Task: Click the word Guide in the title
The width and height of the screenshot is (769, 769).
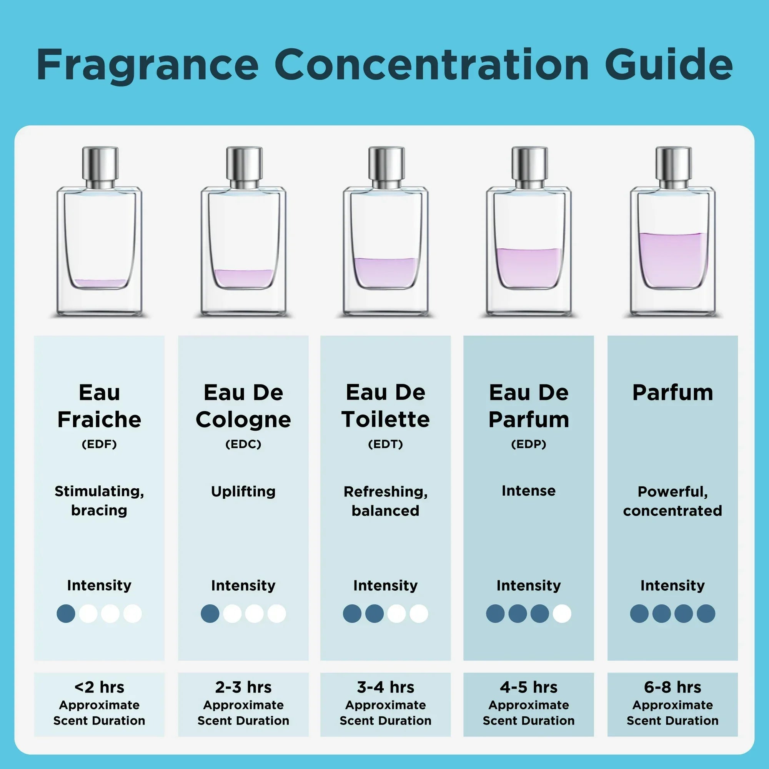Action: click(x=668, y=65)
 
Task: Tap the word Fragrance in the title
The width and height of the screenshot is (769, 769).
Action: click(x=148, y=65)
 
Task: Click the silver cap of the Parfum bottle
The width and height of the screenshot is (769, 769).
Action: click(x=673, y=164)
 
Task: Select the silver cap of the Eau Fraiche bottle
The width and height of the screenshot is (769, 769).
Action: click(x=100, y=164)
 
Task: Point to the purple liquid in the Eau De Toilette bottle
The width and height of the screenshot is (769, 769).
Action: click(x=386, y=272)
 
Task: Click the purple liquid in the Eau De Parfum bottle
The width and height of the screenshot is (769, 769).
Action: click(x=529, y=266)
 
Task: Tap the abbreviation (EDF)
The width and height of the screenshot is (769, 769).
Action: click(x=99, y=444)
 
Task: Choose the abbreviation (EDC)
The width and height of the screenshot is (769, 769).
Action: click(x=243, y=444)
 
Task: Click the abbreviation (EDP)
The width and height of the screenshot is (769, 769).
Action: click(x=529, y=444)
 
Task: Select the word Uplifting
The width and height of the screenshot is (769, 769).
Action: click(x=243, y=491)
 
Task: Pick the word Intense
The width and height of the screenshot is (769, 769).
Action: click(x=529, y=491)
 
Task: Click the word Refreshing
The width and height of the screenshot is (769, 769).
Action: click(x=385, y=491)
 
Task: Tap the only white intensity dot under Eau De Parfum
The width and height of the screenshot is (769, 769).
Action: click(x=562, y=613)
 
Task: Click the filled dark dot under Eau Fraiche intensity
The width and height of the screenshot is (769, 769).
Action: click(x=66, y=613)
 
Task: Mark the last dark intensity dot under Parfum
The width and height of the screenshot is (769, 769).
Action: click(x=706, y=613)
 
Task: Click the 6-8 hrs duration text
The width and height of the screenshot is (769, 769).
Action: click(x=672, y=687)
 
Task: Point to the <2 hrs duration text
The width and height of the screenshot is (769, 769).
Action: click(x=99, y=687)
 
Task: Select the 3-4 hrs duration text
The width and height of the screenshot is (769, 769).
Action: click(x=385, y=687)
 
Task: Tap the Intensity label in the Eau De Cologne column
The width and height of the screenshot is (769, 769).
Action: click(x=243, y=586)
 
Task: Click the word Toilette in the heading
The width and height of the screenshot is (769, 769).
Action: click(x=385, y=419)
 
